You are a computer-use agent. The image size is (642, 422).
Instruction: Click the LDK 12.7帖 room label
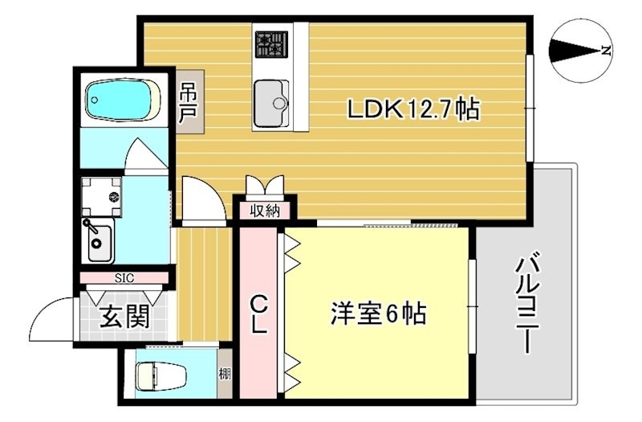pyautogui.click(x=412, y=110)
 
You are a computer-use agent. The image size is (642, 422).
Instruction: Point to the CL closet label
pyautogui.click(x=258, y=315)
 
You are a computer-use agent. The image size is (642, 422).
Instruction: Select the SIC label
pyautogui.click(x=124, y=278)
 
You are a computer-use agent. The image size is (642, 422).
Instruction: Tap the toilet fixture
pyautogui.click(x=159, y=375)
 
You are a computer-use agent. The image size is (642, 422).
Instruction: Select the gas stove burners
pyautogui.click(x=272, y=44)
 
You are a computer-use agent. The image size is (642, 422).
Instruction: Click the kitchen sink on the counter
pyautogui.click(x=271, y=102)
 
